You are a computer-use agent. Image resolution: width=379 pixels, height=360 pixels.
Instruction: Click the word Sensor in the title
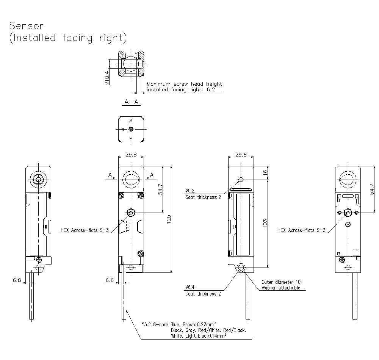click(x=27, y=26)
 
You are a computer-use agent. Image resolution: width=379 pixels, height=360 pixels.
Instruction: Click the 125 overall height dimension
click(x=169, y=219)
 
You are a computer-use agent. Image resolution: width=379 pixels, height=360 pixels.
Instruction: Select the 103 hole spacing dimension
click(x=265, y=223)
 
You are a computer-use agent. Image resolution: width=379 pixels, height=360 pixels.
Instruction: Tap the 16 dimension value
click(x=265, y=172)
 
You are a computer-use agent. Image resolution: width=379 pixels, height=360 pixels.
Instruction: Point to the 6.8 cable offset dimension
click(x=17, y=280)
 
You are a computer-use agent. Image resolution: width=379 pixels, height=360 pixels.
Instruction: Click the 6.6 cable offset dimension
click(x=109, y=280)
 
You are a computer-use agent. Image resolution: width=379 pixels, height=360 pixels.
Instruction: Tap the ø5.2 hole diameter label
click(x=190, y=191)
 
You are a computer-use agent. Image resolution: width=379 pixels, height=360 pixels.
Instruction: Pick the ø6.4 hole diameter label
click(x=190, y=287)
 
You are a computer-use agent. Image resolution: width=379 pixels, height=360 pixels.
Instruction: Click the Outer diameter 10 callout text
click(x=281, y=282)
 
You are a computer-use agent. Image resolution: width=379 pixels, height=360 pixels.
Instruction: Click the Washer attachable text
click(x=281, y=288)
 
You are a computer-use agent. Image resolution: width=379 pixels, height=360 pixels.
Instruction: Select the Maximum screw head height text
click(x=184, y=84)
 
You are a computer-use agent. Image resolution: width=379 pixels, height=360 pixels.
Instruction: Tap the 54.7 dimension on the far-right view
click(x=371, y=188)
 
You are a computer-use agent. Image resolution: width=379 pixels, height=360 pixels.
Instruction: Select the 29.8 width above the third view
click(x=241, y=155)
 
